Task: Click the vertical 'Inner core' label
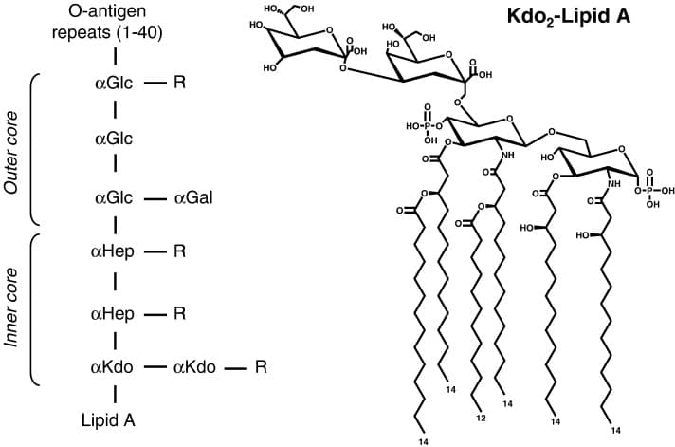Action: coord(12,309)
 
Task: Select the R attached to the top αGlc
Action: coord(179,83)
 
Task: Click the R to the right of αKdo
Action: coord(261,365)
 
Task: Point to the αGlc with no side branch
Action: coord(114,140)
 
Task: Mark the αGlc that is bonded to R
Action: coord(114,83)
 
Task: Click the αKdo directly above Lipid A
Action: coord(114,365)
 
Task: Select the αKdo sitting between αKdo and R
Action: coord(193,365)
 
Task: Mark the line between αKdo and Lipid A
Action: coord(114,391)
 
